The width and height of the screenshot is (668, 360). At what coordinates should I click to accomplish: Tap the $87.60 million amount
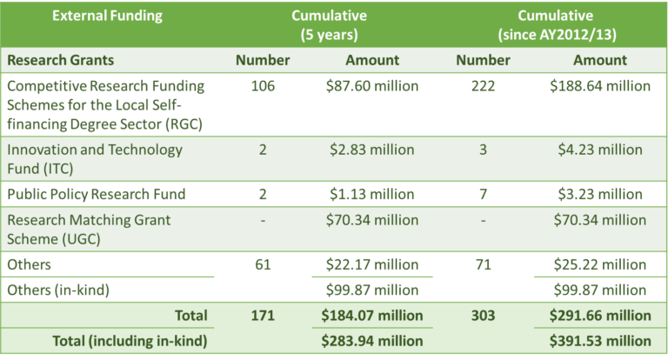(x=372, y=86)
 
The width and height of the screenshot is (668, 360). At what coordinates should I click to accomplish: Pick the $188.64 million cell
(x=599, y=86)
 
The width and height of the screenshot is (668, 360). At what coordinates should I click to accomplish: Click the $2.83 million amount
(x=372, y=150)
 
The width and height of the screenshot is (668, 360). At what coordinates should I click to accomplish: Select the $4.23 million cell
(x=599, y=150)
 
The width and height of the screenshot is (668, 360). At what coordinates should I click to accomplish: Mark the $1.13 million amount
(x=372, y=194)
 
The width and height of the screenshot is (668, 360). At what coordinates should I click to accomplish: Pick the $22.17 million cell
(x=372, y=264)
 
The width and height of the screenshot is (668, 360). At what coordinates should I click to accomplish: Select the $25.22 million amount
(x=599, y=264)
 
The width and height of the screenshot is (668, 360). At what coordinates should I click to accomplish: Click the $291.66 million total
(x=599, y=315)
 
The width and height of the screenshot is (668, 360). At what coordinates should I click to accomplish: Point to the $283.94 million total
(x=372, y=339)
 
